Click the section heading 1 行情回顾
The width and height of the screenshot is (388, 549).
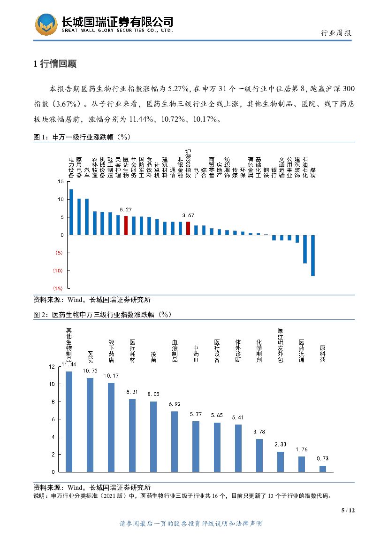(54, 64)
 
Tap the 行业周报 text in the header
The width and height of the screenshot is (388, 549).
(336, 33)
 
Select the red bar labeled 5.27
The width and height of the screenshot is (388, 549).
(126, 225)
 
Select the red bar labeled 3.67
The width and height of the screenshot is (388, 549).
(188, 228)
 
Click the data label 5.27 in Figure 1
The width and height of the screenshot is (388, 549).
(125, 209)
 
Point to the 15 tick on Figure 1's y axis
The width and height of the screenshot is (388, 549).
(61, 181)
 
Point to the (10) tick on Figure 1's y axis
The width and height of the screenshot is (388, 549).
(58, 271)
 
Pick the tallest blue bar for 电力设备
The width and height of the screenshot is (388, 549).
(71, 212)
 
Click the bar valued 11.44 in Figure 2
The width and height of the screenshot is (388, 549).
(69, 421)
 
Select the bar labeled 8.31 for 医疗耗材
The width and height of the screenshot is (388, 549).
(132, 435)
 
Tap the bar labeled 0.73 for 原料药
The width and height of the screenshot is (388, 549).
(323, 469)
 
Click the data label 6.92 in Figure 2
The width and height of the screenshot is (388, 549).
(175, 404)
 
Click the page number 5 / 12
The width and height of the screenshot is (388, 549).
(348, 510)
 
